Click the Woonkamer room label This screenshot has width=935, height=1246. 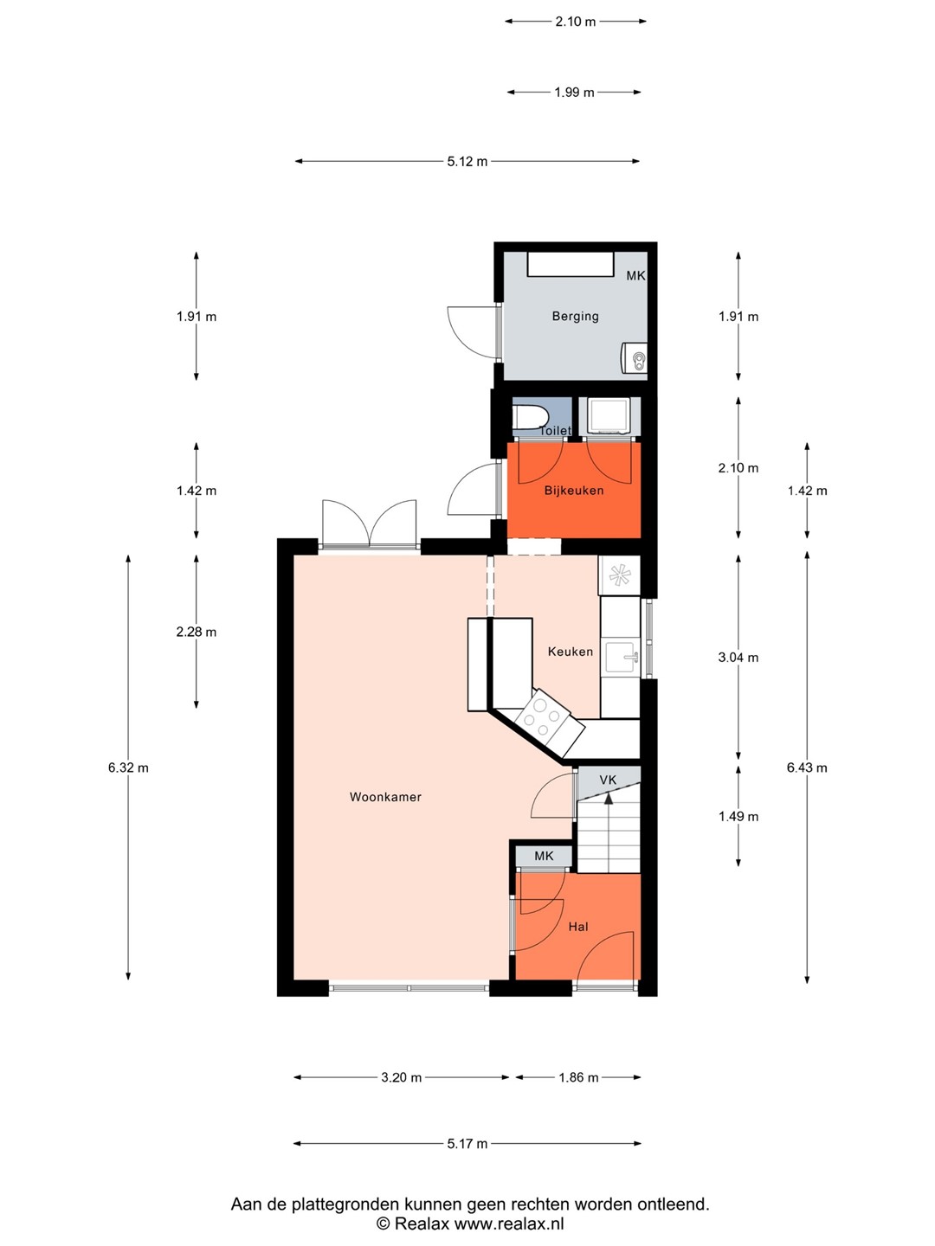click(385, 797)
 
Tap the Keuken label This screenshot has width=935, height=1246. click(570, 652)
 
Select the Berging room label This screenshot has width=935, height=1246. click(575, 316)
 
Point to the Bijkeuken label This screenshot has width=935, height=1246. click(573, 491)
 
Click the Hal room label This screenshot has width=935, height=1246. click(578, 927)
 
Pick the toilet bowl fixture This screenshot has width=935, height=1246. click(529, 418)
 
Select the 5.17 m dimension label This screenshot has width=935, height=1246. click(467, 1143)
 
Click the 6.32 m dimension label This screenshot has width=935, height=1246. click(128, 768)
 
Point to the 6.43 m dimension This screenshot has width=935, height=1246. click(807, 768)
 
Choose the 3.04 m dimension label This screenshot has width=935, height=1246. click(738, 658)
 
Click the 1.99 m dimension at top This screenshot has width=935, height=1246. click(574, 93)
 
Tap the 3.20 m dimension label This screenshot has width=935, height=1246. click(401, 1077)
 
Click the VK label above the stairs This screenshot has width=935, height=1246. click(608, 780)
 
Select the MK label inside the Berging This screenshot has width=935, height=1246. click(635, 276)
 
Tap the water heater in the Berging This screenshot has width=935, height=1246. click(634, 357)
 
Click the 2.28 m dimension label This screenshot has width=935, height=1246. click(197, 632)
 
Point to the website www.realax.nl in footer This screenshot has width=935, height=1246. click(509, 1224)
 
